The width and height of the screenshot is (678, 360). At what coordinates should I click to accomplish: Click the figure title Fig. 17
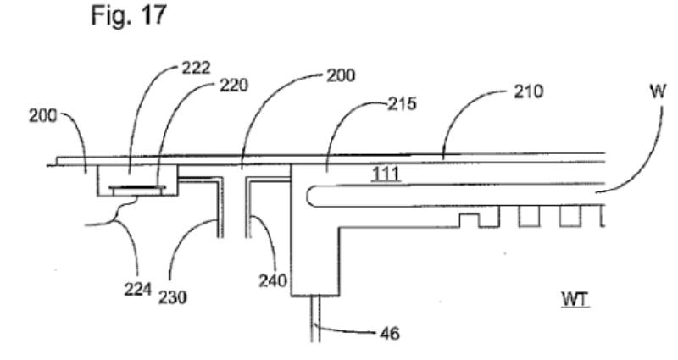coord(129,15)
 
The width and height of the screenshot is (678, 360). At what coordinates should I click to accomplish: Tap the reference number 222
coord(196,68)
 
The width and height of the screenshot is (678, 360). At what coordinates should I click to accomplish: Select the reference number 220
coord(234,86)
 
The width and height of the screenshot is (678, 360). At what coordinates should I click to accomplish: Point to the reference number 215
coord(402,103)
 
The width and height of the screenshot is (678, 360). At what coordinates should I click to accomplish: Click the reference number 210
coord(528,91)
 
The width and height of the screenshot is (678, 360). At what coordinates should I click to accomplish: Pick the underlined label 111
coord(386,174)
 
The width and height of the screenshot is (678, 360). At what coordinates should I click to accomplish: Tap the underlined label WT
coord(575,299)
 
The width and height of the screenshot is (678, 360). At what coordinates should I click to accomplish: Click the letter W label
coord(658,91)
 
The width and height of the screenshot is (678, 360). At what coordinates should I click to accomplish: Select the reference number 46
coord(390,333)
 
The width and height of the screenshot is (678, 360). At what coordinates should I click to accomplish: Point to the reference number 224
coord(138,289)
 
